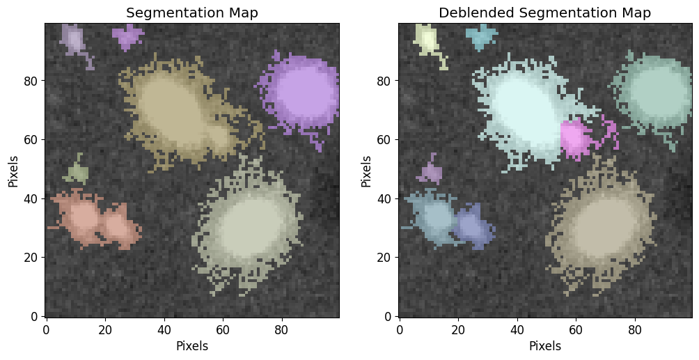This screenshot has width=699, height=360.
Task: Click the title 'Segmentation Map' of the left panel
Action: [191, 13]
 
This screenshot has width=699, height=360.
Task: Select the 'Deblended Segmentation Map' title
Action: [544, 13]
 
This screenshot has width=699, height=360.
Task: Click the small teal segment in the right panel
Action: [482, 36]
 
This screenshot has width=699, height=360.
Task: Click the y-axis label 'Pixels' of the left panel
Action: [13, 171]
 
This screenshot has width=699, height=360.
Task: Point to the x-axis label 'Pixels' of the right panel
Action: [544, 345]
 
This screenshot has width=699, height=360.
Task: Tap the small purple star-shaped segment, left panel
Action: [128, 36]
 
